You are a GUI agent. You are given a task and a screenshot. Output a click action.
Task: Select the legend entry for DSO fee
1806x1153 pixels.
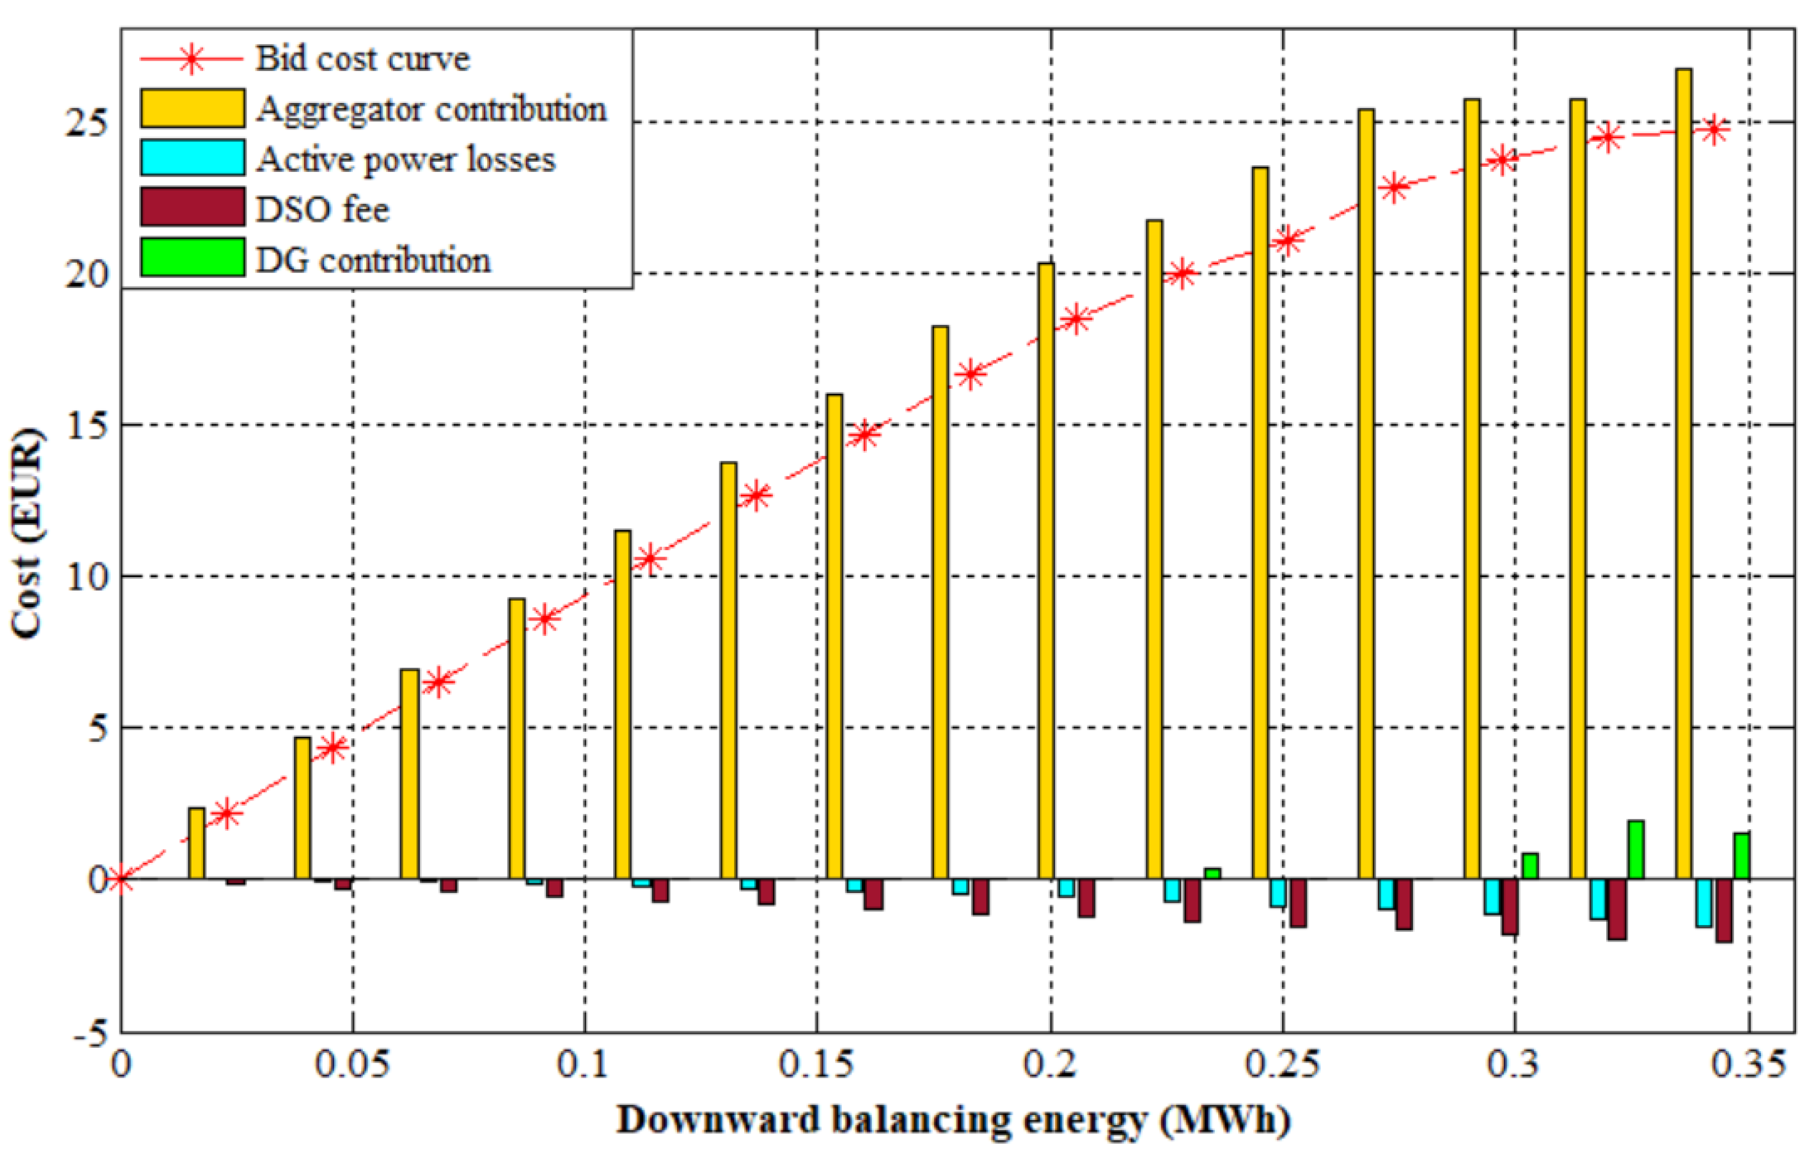[323, 209]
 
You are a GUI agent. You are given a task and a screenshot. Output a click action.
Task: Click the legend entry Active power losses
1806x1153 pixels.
[405, 159]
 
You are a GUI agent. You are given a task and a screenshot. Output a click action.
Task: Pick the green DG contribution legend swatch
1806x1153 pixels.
[192, 257]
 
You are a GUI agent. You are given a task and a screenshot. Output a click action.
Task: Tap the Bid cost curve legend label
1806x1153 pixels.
[362, 58]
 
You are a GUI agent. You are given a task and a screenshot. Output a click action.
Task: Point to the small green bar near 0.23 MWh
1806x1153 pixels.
[1212, 873]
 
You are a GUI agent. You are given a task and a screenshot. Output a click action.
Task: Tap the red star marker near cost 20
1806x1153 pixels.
[1182, 275]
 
